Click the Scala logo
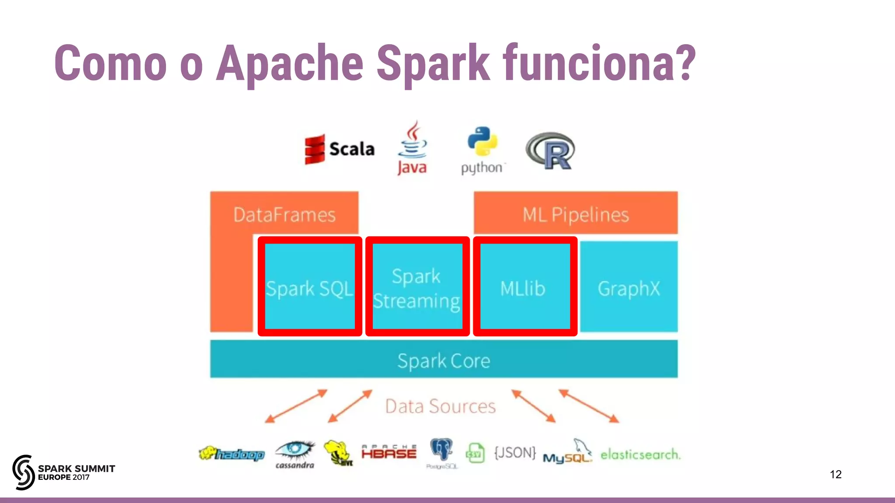click(340, 149)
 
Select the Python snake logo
click(482, 142)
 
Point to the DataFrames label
click(284, 214)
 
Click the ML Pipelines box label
click(576, 214)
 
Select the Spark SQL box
click(310, 287)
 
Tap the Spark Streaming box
click(417, 287)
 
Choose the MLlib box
click(524, 287)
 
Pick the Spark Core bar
click(444, 360)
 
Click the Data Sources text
click(440, 406)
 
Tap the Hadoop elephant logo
click(232, 454)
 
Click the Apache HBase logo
click(389, 452)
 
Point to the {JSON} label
click(515, 453)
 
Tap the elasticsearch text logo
click(640, 455)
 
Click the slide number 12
click(836, 474)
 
